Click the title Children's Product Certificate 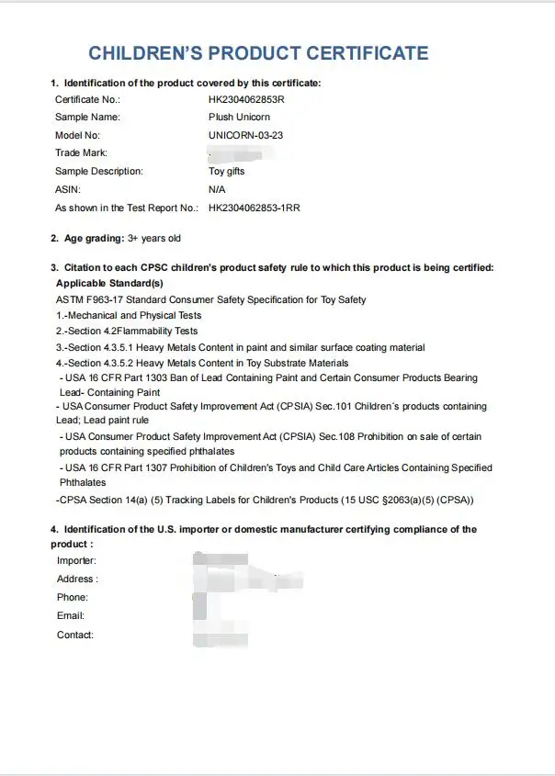pyautogui.click(x=258, y=53)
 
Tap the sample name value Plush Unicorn pyautogui.click(x=239, y=118)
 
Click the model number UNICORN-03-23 pyautogui.click(x=247, y=135)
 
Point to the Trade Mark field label pyautogui.click(x=81, y=153)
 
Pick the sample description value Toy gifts pyautogui.click(x=227, y=172)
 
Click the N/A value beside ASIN pyautogui.click(x=217, y=189)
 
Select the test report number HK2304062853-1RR pyautogui.click(x=255, y=208)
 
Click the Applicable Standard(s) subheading pyautogui.click(x=109, y=284)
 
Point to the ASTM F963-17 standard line pyautogui.click(x=210, y=299)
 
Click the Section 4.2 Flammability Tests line pyautogui.click(x=127, y=331)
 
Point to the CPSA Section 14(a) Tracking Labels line pyautogui.click(x=264, y=500)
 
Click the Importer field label pyautogui.click(x=76, y=560)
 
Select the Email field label pyautogui.click(x=71, y=616)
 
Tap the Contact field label pyautogui.click(x=75, y=635)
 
